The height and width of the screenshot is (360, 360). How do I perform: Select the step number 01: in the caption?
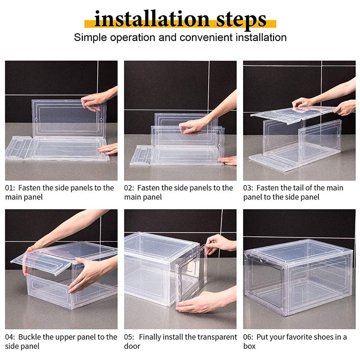pyautogui.click(x=10, y=188)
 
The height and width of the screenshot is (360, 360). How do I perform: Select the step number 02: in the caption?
pyautogui.click(x=130, y=188)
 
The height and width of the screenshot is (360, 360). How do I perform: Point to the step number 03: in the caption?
pyautogui.click(x=249, y=188)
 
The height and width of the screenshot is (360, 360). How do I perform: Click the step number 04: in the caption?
pyautogui.click(x=11, y=337)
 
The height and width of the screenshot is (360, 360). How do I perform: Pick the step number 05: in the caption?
pyautogui.click(x=130, y=337)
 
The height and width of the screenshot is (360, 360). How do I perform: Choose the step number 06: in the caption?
pyautogui.click(x=249, y=337)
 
